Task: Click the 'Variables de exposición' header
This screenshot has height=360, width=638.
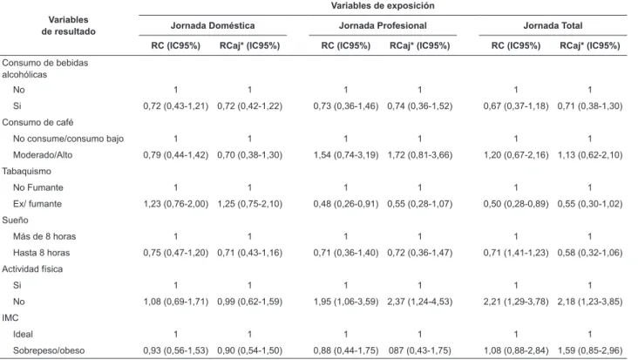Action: click(x=383, y=6)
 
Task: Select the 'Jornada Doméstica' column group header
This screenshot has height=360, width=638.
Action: click(x=213, y=25)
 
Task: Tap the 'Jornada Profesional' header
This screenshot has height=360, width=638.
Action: click(x=383, y=25)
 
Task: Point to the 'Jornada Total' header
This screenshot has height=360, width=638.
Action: click(x=553, y=25)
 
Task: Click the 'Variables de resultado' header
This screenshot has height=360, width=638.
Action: click(x=68, y=25)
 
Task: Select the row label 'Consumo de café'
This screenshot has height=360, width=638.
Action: click(x=37, y=122)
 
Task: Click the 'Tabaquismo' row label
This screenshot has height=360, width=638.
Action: click(x=26, y=171)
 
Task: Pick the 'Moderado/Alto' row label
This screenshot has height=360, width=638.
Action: click(x=43, y=155)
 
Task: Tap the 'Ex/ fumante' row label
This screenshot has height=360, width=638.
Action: click(x=37, y=204)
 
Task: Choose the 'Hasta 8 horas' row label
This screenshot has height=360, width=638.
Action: click(x=41, y=253)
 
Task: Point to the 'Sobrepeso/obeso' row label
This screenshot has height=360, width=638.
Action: click(x=49, y=350)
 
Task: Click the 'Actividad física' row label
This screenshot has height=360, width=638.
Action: click(x=32, y=268)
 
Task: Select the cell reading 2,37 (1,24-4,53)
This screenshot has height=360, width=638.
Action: click(x=419, y=302)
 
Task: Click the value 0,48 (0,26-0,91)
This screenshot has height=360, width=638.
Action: click(x=345, y=204)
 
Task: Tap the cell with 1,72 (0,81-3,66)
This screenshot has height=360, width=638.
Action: click(x=419, y=155)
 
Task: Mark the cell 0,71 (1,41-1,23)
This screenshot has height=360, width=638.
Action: click(x=515, y=253)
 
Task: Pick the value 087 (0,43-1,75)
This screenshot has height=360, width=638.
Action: click(x=419, y=350)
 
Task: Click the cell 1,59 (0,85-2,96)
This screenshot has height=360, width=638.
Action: click(x=589, y=350)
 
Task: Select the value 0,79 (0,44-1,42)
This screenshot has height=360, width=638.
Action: click(x=175, y=155)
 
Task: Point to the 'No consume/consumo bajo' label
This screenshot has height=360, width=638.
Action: click(x=68, y=139)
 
